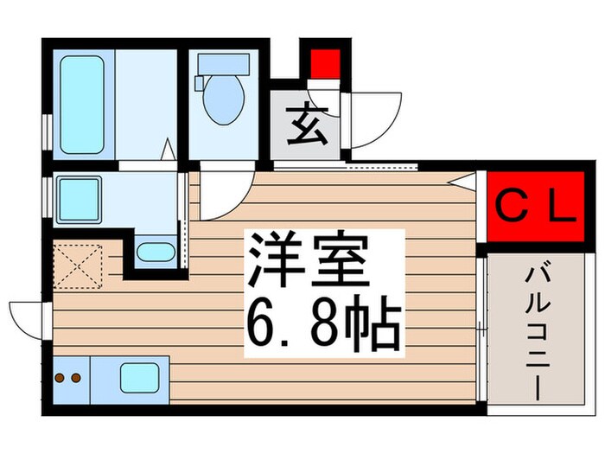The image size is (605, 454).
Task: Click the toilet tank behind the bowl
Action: click(x=224, y=65)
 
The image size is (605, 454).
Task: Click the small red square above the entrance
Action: click(x=322, y=63)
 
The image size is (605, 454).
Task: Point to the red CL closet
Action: click(x=534, y=207)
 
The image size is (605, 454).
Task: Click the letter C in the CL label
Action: click(x=513, y=208)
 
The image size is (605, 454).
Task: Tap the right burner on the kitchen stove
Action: click(x=76, y=377)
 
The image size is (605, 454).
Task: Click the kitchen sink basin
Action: click(x=138, y=377)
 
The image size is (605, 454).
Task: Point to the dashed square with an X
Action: click(x=79, y=265)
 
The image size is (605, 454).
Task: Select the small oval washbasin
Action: click(x=155, y=253)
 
